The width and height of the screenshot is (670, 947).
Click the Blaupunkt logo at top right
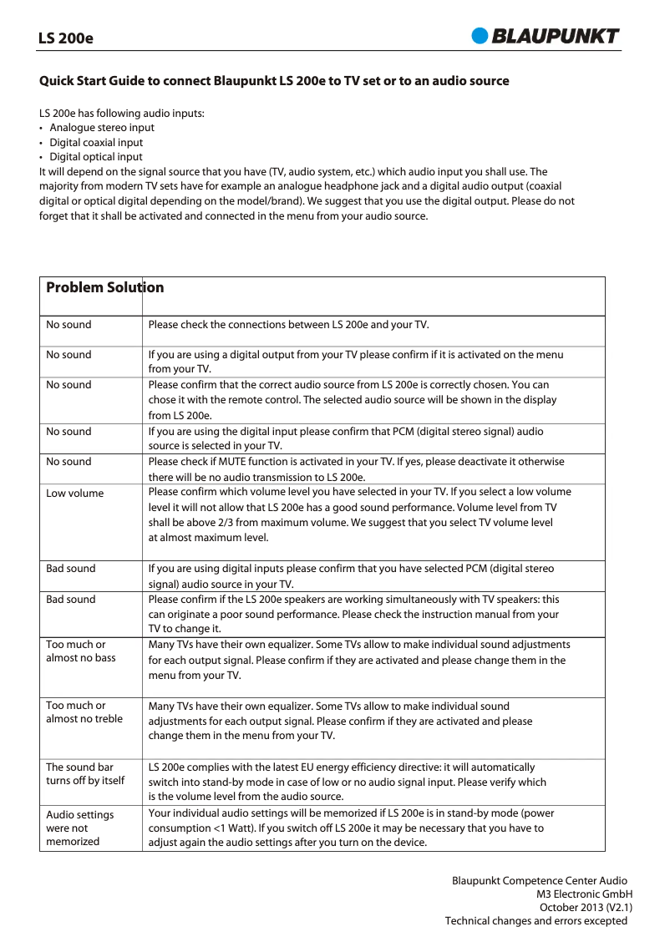coord(546,36)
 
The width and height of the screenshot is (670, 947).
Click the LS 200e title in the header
coord(66,38)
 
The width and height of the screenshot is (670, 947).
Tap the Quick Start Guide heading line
coord(274,81)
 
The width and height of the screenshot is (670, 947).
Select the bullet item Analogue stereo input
coord(102,128)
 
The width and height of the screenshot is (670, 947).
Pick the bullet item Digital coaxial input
coord(96,143)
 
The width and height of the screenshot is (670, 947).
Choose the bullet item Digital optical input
coord(96,157)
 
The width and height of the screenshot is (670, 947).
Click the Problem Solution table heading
coord(105,287)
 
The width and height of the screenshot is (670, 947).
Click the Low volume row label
coord(75,494)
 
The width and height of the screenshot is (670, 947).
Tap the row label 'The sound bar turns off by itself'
coord(85,774)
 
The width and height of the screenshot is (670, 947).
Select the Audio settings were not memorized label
coord(80,828)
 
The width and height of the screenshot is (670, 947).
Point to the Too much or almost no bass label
coord(81,651)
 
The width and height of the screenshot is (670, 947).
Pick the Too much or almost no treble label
coord(84,712)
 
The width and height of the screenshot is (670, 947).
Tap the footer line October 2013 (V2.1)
coord(586,908)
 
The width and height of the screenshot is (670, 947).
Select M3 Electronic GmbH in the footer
coord(584,894)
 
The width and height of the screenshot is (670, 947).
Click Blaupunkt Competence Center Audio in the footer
coord(540,881)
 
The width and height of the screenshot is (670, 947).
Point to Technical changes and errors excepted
coord(535,921)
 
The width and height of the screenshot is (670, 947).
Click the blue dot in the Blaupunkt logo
coord(480,36)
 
